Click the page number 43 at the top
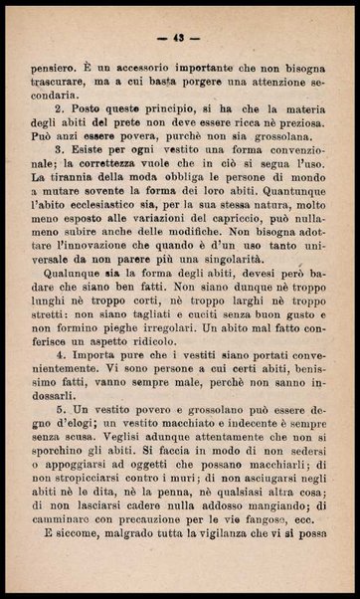pos(180,39)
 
